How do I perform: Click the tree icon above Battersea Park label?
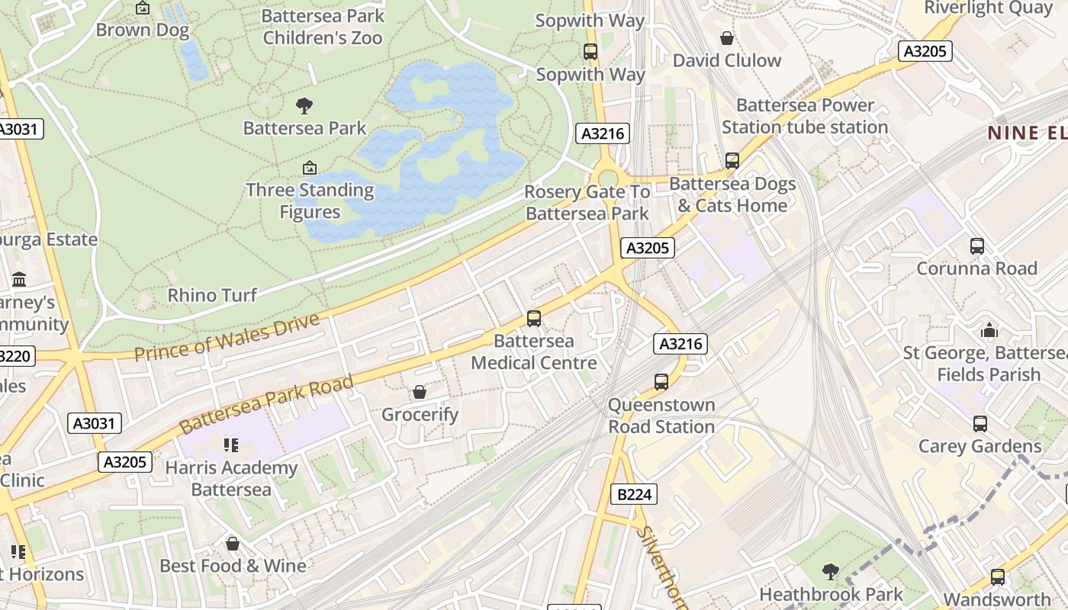304,105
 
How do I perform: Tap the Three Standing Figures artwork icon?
310,168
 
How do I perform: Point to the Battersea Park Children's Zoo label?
322,27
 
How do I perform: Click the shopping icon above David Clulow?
727,38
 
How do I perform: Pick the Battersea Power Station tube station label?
805,116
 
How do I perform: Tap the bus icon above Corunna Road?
977,246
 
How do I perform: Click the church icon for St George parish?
989,330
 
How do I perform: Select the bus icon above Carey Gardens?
980,423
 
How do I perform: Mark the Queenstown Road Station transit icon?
661,381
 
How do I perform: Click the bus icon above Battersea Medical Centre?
534,318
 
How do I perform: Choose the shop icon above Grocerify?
420,392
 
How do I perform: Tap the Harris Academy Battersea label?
232,478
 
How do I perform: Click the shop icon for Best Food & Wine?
233,543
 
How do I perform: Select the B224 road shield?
634,495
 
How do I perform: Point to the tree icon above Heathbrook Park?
831,571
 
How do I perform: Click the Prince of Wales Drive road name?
227,336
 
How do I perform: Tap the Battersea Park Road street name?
267,403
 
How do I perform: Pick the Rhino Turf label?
212,295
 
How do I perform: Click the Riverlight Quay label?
988,8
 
